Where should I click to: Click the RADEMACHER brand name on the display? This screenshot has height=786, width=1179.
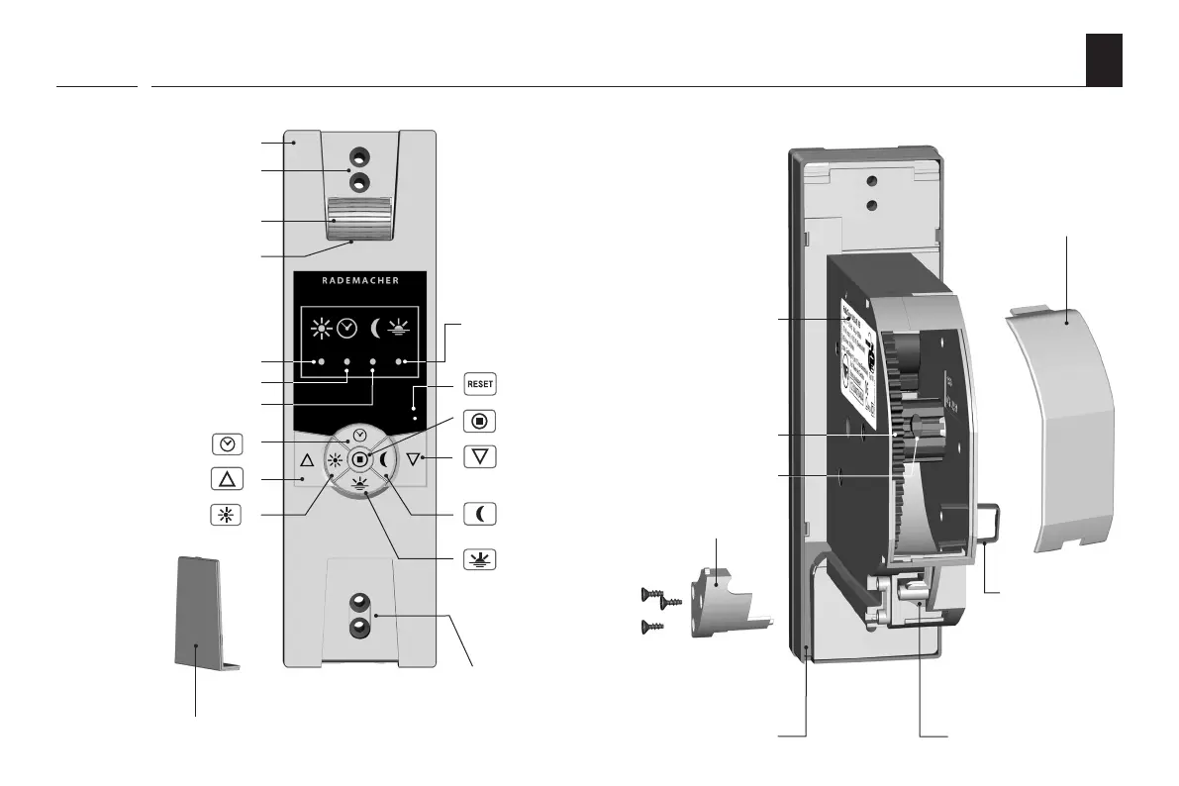point(360,280)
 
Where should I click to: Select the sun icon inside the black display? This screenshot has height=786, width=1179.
point(320,328)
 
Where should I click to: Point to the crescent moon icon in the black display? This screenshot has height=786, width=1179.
point(376,328)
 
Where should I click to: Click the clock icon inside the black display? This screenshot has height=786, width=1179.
point(346,328)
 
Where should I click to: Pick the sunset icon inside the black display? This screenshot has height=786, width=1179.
point(401,328)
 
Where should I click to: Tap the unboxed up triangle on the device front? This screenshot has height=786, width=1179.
point(306,460)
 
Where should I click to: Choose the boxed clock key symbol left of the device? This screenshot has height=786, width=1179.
point(227,442)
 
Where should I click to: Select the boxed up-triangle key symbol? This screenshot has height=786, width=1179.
point(227,479)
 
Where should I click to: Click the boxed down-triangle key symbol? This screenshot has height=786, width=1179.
point(480,457)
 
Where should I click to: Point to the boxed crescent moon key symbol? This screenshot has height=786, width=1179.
point(480,515)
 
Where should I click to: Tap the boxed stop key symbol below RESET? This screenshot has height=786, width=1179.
point(480,420)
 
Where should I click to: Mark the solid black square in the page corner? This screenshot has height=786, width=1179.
point(1104,59)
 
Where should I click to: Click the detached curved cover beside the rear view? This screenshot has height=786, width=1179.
point(1059,426)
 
